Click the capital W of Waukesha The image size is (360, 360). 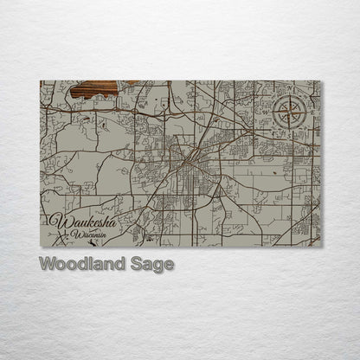click(x=60, y=222)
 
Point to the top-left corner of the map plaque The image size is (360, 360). click(x=40, y=80)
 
